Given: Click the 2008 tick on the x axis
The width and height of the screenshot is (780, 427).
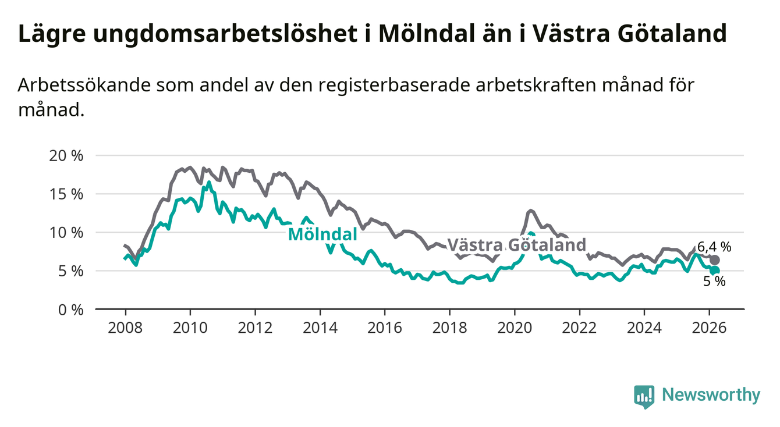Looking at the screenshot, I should click(125, 328).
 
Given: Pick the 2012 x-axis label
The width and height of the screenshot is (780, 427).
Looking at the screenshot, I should click(255, 328).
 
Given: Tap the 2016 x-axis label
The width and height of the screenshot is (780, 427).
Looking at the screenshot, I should click(385, 328).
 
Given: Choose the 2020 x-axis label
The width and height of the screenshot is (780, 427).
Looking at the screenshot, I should click(515, 328).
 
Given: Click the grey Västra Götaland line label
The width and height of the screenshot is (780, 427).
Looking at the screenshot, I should click(516, 245).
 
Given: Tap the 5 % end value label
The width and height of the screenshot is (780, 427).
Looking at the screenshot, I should click(714, 282).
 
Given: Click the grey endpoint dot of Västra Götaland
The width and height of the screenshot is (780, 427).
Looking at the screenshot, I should click(715, 260).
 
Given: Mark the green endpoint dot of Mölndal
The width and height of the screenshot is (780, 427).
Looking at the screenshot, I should click(715, 271).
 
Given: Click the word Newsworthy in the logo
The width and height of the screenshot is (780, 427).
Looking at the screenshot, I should click(711, 396).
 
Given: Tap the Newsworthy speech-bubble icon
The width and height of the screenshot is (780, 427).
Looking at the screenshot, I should click(644, 396).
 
